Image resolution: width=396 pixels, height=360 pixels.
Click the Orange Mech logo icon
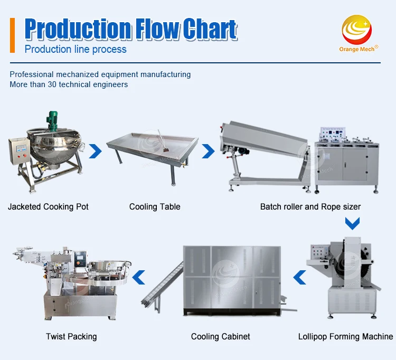click(x=357, y=29)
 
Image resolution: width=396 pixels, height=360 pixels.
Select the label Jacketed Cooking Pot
click(x=48, y=206)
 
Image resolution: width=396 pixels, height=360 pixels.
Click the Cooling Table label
click(x=155, y=206)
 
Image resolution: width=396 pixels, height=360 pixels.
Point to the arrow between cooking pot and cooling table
click(x=95, y=152)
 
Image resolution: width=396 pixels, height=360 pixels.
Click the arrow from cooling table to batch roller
click(x=209, y=152)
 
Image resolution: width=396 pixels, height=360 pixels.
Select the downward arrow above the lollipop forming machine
click(x=352, y=223)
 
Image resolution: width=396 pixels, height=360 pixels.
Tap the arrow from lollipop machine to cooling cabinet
click(x=299, y=276)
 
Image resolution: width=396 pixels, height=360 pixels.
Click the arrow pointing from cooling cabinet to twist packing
click(x=138, y=276)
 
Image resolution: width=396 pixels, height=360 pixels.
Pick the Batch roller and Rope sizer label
click(x=310, y=206)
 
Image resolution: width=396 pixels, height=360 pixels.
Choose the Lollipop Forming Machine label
click(x=345, y=336)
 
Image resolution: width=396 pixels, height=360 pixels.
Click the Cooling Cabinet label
click(x=221, y=336)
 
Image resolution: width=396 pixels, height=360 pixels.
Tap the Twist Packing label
click(x=71, y=336)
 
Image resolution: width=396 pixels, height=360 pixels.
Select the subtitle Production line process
click(x=76, y=50)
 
